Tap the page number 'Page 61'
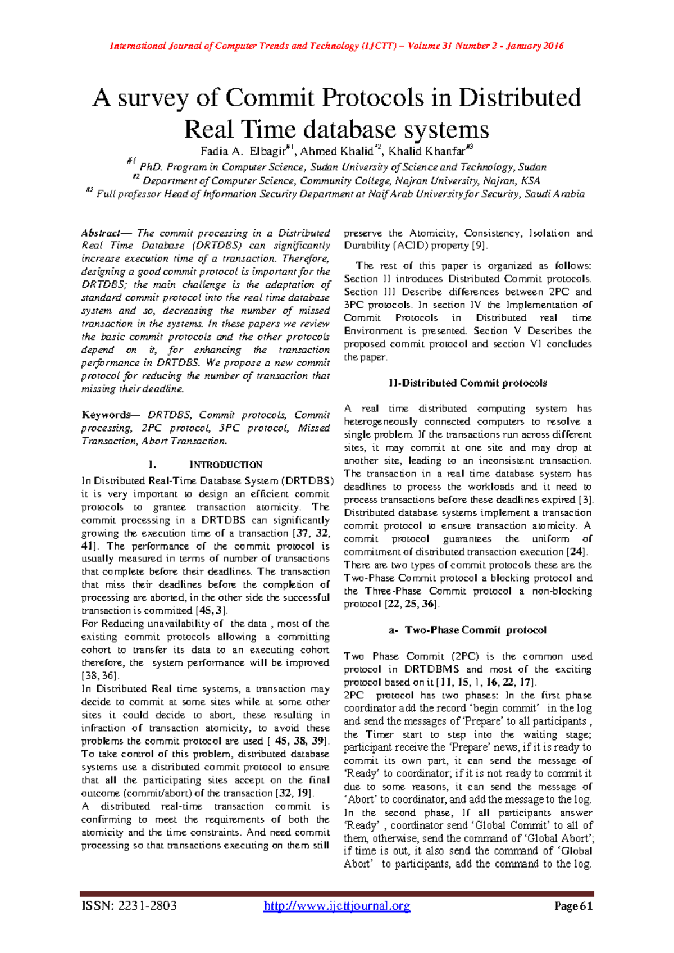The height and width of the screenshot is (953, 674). click(573, 906)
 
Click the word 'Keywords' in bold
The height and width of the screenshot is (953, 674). click(106, 415)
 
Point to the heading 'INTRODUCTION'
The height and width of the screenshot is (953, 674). click(226, 465)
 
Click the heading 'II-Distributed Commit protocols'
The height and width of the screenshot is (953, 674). click(467, 383)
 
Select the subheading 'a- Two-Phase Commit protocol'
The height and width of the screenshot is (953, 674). click(467, 630)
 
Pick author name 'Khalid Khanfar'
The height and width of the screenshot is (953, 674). click(426, 151)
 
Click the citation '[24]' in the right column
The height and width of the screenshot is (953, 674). click(577, 552)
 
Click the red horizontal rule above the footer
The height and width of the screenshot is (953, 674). click(337, 893)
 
